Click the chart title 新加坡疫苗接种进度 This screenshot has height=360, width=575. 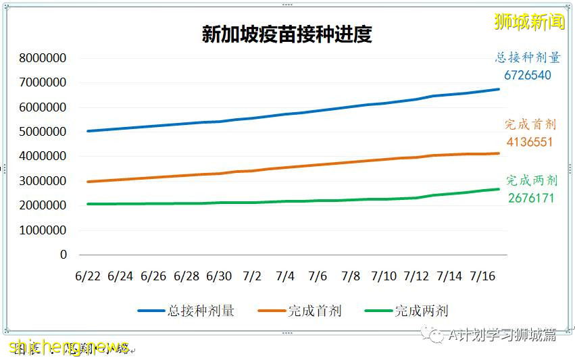pyautogui.click(x=286, y=34)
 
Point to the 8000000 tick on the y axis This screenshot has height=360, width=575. pyautogui.click(x=43, y=58)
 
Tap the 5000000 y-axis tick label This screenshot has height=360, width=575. pyautogui.click(x=43, y=132)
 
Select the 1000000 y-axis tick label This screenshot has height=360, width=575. pyautogui.click(x=43, y=230)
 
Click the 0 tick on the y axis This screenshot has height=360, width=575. pyautogui.click(x=64, y=255)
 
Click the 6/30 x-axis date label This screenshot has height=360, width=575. pyautogui.click(x=219, y=276)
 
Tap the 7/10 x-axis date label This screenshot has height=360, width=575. pyautogui.click(x=383, y=276)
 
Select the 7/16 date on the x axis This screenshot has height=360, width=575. pyautogui.click(x=482, y=276)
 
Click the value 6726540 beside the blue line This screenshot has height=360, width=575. pyautogui.click(x=527, y=76)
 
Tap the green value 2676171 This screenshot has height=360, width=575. pyautogui.click(x=531, y=199)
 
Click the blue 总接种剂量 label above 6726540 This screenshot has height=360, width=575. pyautogui.click(x=527, y=58)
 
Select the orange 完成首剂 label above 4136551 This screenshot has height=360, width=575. pyautogui.click(x=530, y=125)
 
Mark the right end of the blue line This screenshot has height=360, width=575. pyautogui.click(x=499, y=89)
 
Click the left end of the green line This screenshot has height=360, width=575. pyautogui.click(x=88, y=204)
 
